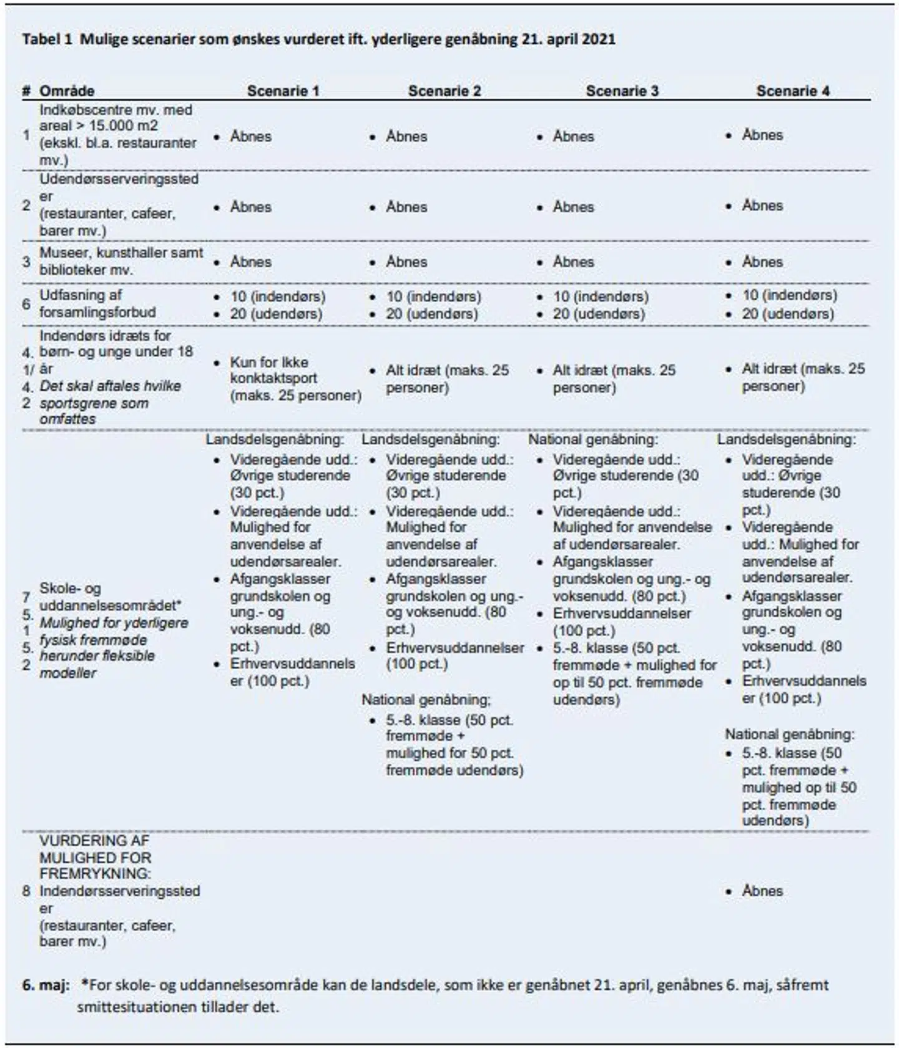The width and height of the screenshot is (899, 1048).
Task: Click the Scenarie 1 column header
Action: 283,91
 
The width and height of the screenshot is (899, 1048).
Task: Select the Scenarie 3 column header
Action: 622,91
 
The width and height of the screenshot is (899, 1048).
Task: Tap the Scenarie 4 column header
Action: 793,91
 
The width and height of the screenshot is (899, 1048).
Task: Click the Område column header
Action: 67,91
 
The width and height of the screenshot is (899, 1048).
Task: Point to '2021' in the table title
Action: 599,39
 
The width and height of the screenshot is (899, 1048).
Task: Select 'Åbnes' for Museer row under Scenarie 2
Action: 406,262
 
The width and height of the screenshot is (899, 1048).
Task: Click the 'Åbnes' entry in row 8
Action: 762,891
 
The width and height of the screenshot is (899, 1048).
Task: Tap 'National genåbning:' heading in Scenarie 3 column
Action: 593,439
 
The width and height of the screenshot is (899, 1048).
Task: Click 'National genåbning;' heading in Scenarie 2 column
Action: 426,700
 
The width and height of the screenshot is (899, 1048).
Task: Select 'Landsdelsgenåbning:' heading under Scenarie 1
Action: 275,439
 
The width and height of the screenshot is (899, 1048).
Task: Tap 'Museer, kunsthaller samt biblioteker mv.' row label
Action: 121,262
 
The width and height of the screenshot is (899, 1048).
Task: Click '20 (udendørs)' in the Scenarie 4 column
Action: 788,313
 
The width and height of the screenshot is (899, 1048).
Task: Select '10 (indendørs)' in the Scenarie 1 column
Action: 278,296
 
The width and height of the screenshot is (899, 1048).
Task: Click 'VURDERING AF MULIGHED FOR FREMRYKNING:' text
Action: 96,856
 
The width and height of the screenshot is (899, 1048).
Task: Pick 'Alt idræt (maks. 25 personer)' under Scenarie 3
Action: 614,379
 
